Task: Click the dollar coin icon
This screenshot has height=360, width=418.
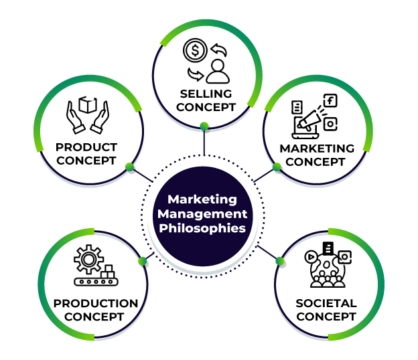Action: click(195, 50)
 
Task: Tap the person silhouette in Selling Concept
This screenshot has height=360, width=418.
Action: click(218, 71)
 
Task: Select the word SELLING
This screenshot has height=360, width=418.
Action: click(206, 94)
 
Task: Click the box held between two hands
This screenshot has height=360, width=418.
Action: click(88, 104)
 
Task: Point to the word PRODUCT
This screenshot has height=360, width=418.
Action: click(86, 147)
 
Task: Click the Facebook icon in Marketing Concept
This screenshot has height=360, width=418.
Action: click(330, 100)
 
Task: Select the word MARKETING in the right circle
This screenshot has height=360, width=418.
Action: click(317, 149)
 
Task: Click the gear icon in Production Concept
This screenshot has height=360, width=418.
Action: click(88, 259)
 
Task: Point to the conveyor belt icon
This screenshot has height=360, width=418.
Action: click(96, 282)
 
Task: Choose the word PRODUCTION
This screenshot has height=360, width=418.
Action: click(96, 303)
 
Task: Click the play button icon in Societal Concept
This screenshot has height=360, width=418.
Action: click(311, 257)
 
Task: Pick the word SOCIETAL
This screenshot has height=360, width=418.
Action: click(326, 303)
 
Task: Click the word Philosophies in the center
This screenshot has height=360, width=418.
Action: click(202, 228)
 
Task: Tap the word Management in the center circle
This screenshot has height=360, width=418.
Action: click(202, 214)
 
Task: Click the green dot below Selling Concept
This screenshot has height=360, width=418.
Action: click(204, 126)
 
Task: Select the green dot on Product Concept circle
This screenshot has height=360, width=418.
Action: click(130, 167)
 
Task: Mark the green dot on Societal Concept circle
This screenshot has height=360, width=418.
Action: click(280, 261)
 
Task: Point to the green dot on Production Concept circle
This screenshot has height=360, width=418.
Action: click(143, 261)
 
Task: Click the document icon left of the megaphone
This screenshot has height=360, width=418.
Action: click(297, 107)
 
